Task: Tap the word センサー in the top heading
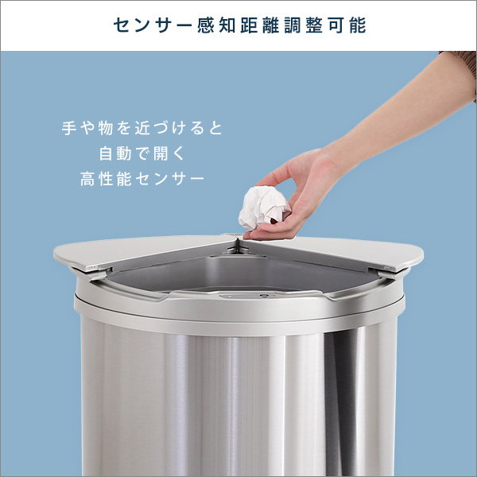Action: click(146, 25)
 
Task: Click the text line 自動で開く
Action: click(142, 153)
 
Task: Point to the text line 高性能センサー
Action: click(142, 180)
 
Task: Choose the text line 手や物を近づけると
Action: click(142, 127)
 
